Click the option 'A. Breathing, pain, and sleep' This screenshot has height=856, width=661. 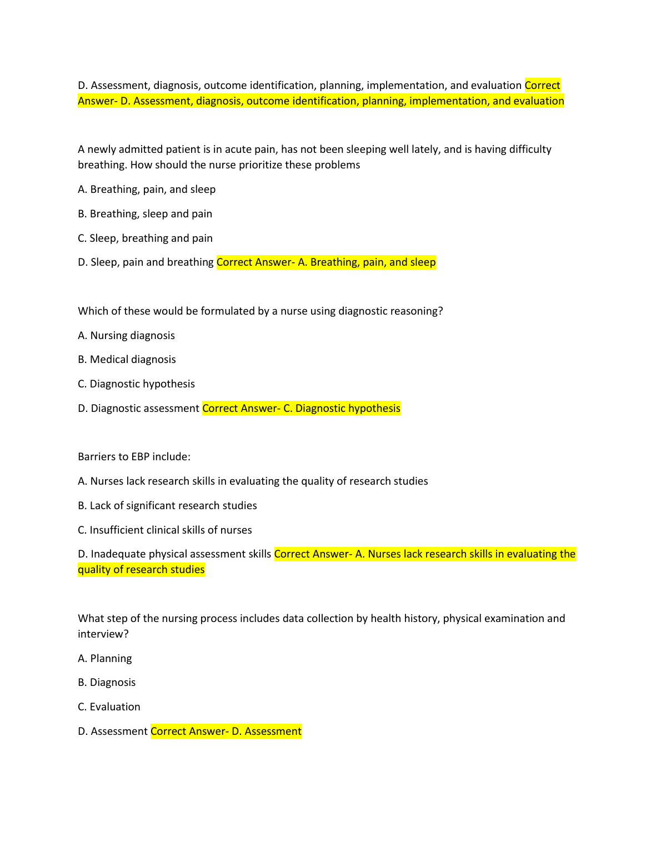[x=147, y=190]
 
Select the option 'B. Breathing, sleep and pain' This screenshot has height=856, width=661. [x=145, y=214]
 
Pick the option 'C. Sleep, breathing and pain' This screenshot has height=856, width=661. [x=145, y=238]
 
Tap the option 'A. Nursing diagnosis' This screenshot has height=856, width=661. [x=126, y=336]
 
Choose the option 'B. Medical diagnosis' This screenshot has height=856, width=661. [x=127, y=360]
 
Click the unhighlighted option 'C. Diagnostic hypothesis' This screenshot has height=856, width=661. [x=136, y=384]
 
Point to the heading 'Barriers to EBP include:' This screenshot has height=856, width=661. [x=134, y=457]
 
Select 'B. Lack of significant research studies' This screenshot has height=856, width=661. [x=167, y=506]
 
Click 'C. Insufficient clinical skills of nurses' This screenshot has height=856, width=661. [x=164, y=530]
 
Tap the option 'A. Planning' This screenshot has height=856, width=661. [x=104, y=659]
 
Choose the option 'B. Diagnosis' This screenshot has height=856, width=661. [x=107, y=683]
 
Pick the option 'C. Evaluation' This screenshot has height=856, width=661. [x=109, y=707]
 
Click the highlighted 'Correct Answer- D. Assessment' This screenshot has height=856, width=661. [x=226, y=731]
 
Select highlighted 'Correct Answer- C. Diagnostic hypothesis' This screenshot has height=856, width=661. [x=301, y=409]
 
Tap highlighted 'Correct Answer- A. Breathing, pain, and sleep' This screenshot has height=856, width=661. [x=326, y=262]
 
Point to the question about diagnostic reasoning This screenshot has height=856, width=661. [x=260, y=311]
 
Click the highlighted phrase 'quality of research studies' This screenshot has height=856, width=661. [x=141, y=570]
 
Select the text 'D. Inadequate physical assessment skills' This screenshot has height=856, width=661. [x=174, y=554]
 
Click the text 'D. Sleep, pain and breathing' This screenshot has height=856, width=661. [x=146, y=262]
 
